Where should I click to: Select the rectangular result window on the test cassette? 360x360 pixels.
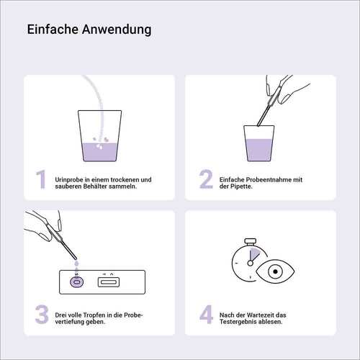point(109,282)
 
